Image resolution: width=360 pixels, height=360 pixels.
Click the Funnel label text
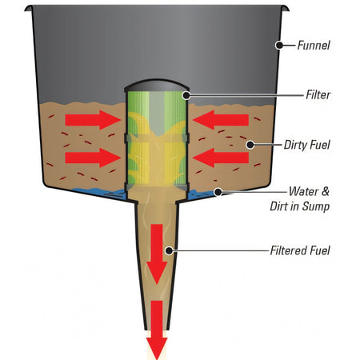314,46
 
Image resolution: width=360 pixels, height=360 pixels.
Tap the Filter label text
318,94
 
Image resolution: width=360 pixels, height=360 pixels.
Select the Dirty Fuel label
307,145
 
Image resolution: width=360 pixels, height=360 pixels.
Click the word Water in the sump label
303,191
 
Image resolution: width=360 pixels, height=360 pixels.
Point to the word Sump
316,206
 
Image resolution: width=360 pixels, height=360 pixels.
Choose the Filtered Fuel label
300,250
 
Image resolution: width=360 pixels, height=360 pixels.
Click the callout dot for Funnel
279,45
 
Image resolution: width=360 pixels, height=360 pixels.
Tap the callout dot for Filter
186,95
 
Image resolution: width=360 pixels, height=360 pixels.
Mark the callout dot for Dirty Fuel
250,145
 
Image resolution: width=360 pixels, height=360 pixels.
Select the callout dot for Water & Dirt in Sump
218,192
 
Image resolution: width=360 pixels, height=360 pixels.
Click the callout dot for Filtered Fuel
169,250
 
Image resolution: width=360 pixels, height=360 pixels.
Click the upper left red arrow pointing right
93,120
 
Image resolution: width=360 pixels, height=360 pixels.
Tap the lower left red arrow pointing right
93,158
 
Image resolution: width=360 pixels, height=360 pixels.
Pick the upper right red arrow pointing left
221,120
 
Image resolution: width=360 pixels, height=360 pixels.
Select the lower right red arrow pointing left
221,158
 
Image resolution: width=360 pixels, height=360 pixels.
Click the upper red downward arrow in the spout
157,254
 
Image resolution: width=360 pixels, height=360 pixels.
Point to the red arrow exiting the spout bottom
157,330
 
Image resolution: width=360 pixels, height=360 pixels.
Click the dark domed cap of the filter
157,86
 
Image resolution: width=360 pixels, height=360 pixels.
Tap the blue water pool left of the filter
100,193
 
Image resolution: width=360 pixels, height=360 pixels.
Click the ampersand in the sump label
326,191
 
